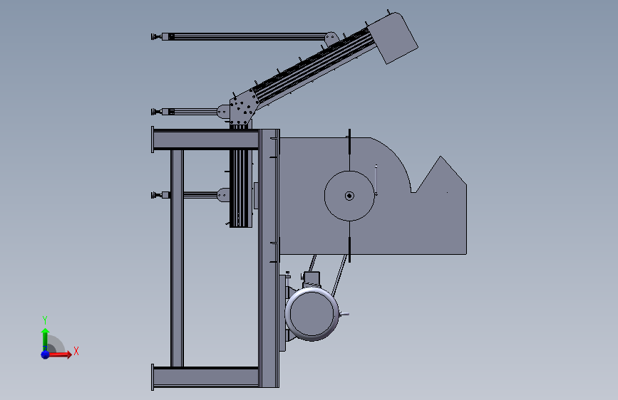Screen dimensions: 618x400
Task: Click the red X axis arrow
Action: pyautogui.click(x=59, y=354)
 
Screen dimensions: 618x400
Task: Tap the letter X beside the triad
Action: pyautogui.click(x=76, y=351)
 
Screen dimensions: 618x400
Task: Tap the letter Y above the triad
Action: pyautogui.click(x=45, y=320)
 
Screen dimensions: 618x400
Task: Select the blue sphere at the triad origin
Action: pyautogui.click(x=46, y=354)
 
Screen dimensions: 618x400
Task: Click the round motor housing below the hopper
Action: pyautogui.click(x=311, y=314)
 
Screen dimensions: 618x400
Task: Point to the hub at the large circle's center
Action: pyautogui.click(x=349, y=196)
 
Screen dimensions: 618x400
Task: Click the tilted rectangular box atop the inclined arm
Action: pyautogui.click(x=393, y=38)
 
